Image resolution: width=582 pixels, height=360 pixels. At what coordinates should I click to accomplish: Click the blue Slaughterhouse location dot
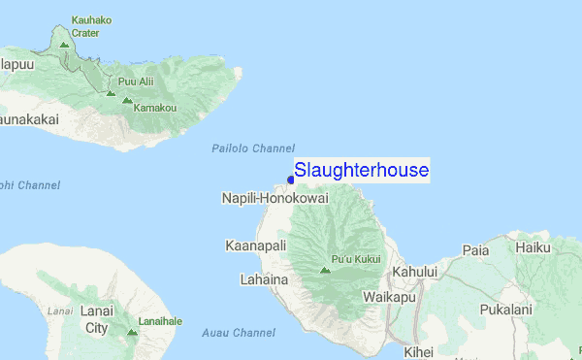[x=290, y=179]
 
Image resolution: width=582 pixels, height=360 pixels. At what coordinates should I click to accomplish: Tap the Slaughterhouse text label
[x=361, y=171]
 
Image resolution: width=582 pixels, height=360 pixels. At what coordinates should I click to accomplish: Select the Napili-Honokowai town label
[x=275, y=198]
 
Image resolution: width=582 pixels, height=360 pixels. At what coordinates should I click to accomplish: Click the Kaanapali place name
[x=255, y=246]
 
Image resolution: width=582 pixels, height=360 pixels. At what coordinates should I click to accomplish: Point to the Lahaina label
[x=264, y=279]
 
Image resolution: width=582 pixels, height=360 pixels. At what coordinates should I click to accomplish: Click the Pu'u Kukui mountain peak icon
[x=325, y=270]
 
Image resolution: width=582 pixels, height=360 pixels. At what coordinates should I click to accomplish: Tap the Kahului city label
[x=414, y=272]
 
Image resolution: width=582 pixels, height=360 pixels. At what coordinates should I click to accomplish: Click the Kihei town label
[x=419, y=352]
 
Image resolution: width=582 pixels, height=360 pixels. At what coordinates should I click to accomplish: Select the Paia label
[x=475, y=250]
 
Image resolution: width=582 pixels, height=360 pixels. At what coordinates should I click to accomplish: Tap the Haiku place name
[x=533, y=248]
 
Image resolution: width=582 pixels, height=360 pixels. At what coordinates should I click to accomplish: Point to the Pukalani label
[x=505, y=311]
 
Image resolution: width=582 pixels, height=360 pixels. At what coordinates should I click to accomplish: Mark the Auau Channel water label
[x=239, y=333]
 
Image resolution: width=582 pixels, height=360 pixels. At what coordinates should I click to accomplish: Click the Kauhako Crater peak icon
[x=64, y=45]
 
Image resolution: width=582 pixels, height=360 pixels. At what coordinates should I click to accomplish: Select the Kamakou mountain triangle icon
[x=126, y=100]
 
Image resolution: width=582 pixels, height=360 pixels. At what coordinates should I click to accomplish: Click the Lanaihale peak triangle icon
[x=132, y=332]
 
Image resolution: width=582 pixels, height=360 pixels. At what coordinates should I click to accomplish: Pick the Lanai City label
[x=97, y=319]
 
